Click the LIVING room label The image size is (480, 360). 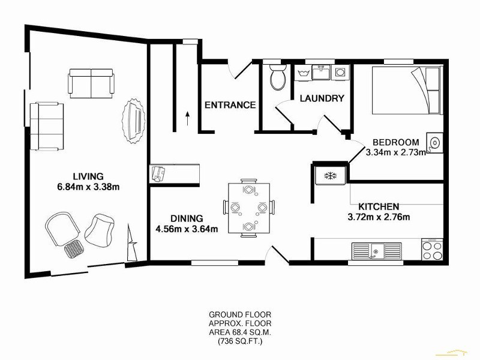click(88, 176)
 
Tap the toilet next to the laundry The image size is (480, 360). click(277, 77)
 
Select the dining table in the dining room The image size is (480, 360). click(248, 207)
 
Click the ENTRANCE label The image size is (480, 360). click(230, 105)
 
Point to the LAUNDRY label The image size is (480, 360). click(322, 98)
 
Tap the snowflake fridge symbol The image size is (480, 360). click(329, 175)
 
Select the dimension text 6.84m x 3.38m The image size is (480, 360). click(88, 187)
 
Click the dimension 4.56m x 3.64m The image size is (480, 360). click(187, 229)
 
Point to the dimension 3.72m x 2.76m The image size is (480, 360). click(380, 217)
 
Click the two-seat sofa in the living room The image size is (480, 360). click(91, 83)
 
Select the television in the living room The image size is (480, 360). click(135, 120)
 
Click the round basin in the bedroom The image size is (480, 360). click(434, 142)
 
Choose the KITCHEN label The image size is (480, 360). click(379, 206)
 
